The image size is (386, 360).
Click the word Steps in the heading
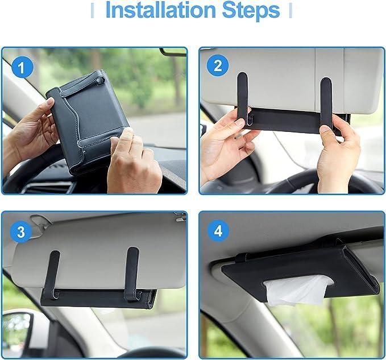tap(251, 10)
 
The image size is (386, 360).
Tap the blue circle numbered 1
tap(22, 68)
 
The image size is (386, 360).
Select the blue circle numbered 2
tap(217, 67)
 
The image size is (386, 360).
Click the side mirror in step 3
tap(17, 330)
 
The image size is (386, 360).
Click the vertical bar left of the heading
tap(93, 10)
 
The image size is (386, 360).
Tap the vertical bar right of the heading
tap(290, 10)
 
